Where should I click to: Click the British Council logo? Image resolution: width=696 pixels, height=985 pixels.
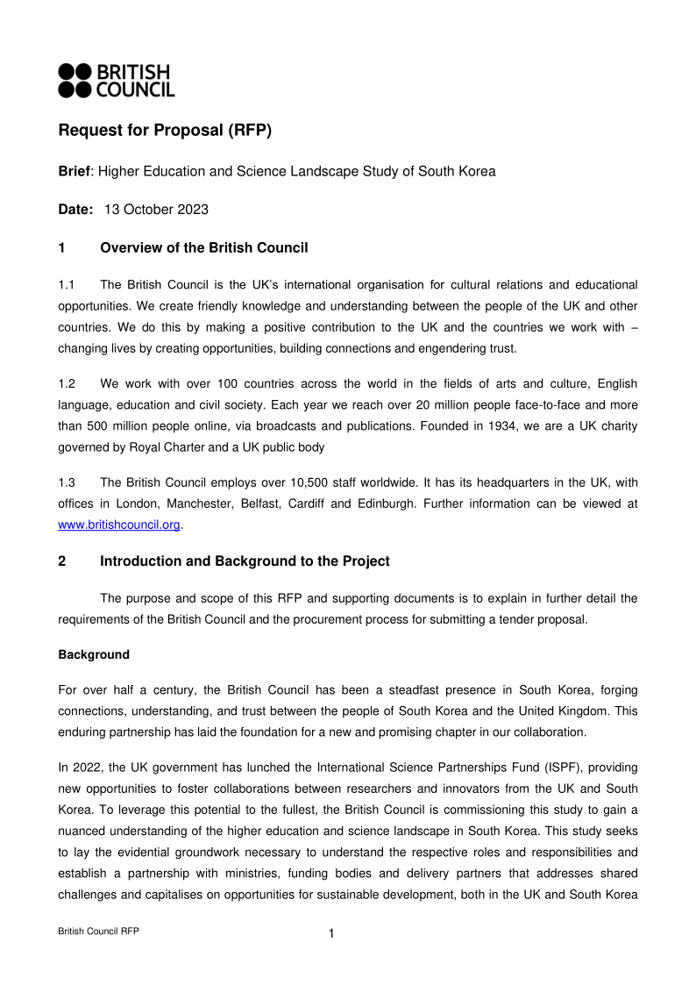tap(116, 80)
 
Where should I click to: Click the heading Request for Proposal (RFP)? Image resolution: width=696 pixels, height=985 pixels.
tap(165, 131)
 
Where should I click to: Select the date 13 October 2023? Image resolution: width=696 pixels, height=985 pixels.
tap(156, 210)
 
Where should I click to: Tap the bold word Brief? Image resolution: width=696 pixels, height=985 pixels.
tap(75, 171)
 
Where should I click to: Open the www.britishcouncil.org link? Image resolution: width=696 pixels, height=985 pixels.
tap(118, 525)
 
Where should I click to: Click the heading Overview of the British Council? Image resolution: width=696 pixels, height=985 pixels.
tap(203, 248)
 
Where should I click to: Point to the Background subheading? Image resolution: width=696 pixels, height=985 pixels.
tap(93, 654)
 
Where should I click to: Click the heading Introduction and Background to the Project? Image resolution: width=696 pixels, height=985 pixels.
tap(245, 561)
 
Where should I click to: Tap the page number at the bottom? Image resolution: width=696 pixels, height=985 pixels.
tap(331, 934)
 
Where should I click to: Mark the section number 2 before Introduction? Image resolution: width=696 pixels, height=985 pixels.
tap(62, 561)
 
